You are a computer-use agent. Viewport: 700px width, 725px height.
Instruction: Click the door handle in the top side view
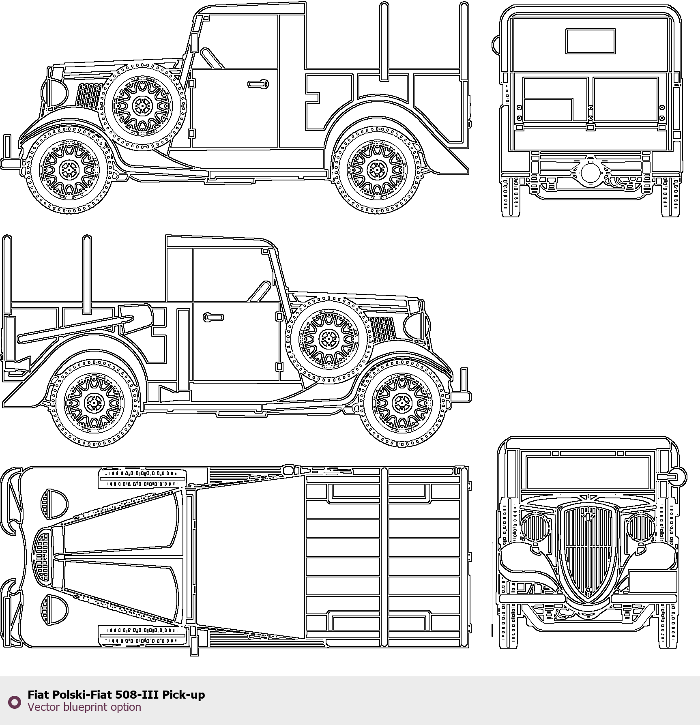tap(258, 84)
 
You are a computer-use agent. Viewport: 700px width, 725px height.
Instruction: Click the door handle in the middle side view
tap(213, 317)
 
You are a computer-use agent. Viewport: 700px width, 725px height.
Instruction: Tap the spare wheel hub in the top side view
tap(142, 106)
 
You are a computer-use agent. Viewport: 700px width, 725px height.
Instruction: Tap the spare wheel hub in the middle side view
tap(329, 339)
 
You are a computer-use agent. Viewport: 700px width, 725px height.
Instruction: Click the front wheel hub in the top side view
tap(69, 170)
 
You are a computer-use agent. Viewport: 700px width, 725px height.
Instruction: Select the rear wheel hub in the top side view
tap(378, 170)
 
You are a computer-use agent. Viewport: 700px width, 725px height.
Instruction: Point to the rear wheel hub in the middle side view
tap(94, 403)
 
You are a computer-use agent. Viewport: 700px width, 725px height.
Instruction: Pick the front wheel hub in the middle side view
tap(402, 403)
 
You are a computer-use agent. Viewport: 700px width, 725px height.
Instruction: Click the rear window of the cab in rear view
tap(590, 41)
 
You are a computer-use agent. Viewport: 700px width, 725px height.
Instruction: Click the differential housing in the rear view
tap(590, 173)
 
